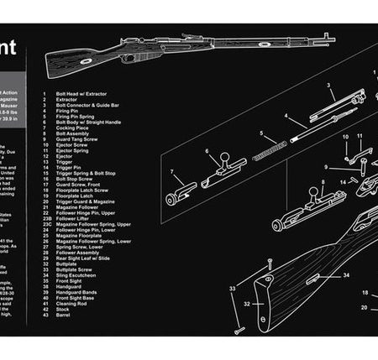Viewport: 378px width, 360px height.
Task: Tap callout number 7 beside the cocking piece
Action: [172, 173]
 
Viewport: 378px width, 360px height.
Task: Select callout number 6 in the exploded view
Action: [207, 152]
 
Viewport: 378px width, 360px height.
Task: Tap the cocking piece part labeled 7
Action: [181, 196]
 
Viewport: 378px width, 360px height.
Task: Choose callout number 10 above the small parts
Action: [344, 136]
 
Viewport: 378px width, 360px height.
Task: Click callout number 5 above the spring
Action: [261, 133]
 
